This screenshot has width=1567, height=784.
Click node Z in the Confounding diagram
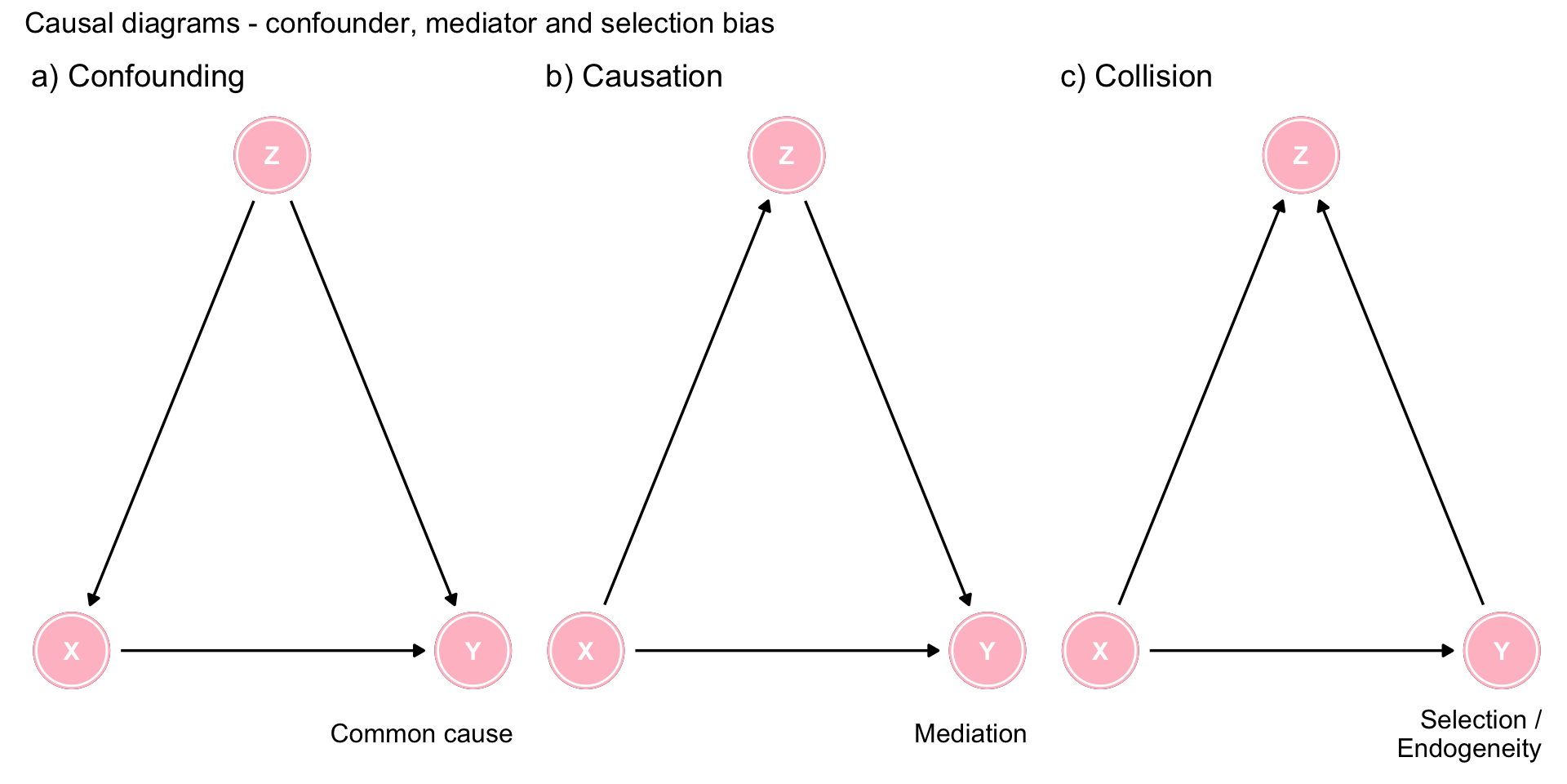coord(273,155)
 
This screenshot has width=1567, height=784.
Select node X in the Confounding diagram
coord(72,651)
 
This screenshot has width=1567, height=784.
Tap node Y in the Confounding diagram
coord(473,651)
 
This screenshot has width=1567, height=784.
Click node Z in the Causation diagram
coord(787,155)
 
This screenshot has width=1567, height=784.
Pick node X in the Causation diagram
coord(586,651)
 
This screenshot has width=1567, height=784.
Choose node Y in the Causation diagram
coord(988,651)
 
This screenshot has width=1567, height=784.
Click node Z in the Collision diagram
coord(1301,155)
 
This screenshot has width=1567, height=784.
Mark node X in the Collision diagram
coord(1100,651)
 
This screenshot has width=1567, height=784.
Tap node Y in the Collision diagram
coord(1502,651)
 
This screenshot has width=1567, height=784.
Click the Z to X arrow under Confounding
coord(172,403)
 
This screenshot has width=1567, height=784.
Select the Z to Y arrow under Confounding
coord(373,403)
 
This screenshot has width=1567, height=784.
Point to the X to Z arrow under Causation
coord(686,403)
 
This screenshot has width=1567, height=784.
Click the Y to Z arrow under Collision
coord(1401,403)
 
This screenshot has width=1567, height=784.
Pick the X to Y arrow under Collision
coord(1301,651)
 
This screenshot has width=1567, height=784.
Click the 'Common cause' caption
coord(421,733)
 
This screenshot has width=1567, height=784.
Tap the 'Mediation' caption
coord(970,733)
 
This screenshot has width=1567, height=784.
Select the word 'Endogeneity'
coord(1468,748)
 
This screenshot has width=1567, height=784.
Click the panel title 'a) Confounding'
coord(138,76)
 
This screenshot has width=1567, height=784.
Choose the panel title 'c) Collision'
coord(1136,76)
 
